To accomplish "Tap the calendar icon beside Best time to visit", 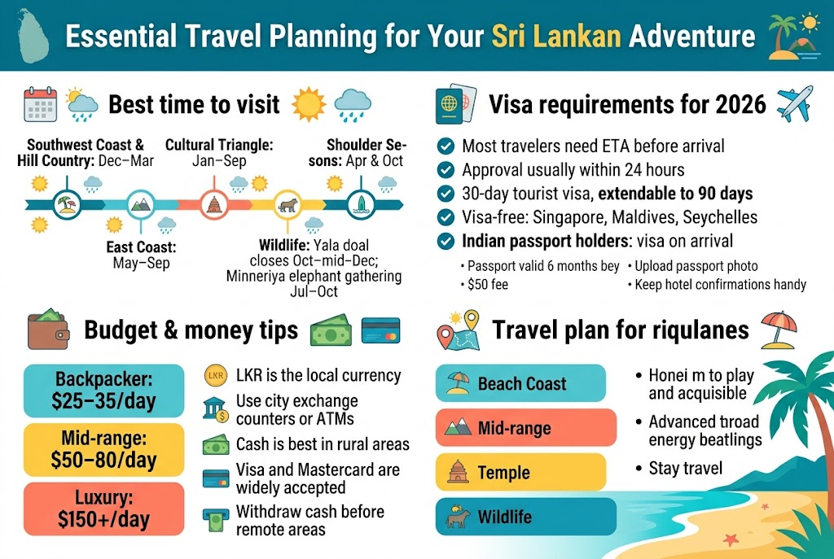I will pos(40,105).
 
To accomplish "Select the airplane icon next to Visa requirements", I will pos(794,103).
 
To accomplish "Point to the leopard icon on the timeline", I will pos(287,205).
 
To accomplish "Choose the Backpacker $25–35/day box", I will pos(104,390).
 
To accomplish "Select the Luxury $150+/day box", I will pos(104,509).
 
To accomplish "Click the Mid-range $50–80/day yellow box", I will pos(104,449).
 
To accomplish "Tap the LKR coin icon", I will pos(215,376).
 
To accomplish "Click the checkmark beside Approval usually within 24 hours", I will pos(446,170).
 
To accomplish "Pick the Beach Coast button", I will pos(520,383).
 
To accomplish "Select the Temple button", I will pos(520,472).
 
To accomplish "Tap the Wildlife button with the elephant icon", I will pos(520,517).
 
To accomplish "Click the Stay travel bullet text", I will pos(686,469).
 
